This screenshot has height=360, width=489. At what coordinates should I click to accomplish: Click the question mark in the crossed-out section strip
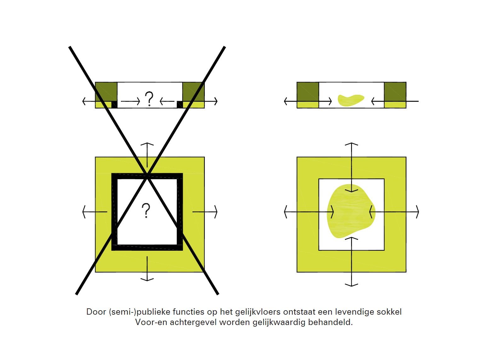click(x=149, y=99)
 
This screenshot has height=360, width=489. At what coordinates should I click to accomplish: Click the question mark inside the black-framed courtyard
click(x=146, y=211)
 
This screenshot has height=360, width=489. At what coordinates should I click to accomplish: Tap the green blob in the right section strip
click(x=350, y=100)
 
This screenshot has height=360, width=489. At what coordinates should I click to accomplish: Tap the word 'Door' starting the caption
click(x=96, y=312)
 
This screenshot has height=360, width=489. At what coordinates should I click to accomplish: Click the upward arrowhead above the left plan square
click(x=147, y=144)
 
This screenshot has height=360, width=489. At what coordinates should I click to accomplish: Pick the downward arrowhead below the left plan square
click(x=147, y=279)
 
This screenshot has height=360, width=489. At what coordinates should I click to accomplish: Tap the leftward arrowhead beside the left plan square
click(x=84, y=212)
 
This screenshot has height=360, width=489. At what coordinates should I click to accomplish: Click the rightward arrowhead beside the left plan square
click(x=216, y=212)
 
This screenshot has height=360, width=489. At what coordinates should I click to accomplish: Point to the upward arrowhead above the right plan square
click(x=351, y=144)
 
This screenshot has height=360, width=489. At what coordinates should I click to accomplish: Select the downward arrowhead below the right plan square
click(x=351, y=285)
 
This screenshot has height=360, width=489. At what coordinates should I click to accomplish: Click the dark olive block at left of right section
click(x=308, y=92)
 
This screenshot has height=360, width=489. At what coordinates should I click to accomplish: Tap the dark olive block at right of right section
click(x=395, y=92)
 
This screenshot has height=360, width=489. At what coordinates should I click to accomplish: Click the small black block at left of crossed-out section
click(x=114, y=104)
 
